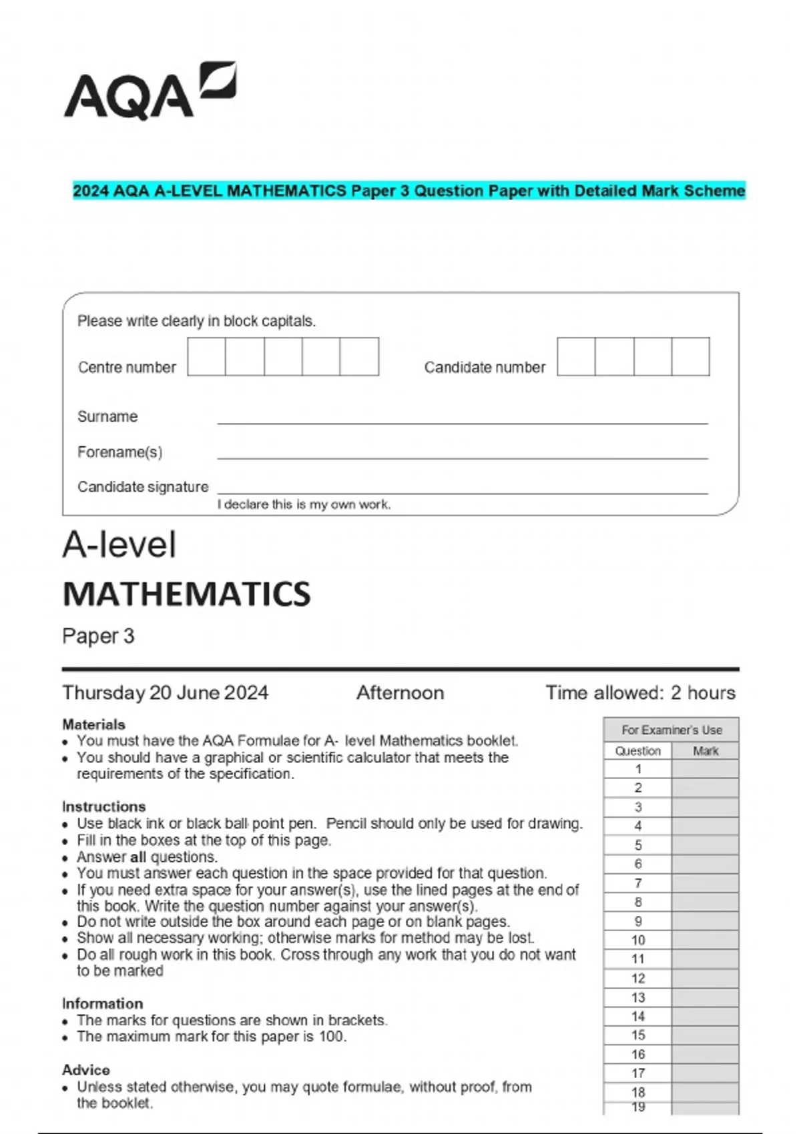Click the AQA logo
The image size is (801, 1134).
click(150, 92)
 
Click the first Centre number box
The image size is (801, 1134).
click(206, 357)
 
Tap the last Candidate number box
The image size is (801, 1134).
click(690, 357)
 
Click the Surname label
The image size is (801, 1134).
click(107, 417)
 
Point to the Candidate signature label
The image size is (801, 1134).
click(143, 487)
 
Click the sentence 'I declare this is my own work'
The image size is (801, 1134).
click(304, 505)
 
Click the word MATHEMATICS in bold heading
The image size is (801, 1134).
click(186, 594)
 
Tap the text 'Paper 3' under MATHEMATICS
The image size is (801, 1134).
click(98, 636)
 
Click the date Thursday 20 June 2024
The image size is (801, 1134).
click(165, 693)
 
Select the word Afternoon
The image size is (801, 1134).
click(400, 693)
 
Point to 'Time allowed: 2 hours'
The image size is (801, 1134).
click(640, 693)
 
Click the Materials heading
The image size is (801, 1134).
click(93, 724)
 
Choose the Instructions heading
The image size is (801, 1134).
click(103, 806)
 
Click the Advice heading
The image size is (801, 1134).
click(85, 1070)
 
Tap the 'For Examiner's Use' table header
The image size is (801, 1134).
click(671, 730)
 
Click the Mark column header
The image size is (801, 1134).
click(705, 751)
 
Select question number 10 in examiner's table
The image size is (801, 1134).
click(638, 941)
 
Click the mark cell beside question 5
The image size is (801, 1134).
click(705, 845)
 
